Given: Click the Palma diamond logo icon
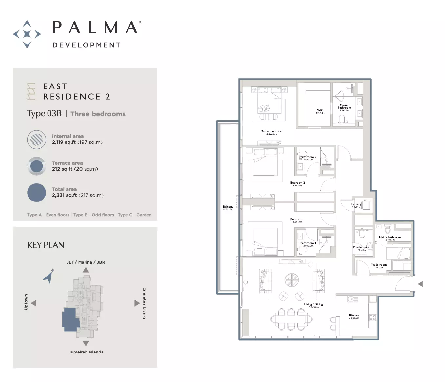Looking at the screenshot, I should [x=27, y=34].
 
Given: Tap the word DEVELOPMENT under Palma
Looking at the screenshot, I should [x=87, y=45].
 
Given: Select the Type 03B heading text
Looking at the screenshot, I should [x=44, y=114].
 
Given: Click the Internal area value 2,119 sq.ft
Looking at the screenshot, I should [x=64, y=142].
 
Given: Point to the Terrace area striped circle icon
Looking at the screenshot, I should [x=36, y=166].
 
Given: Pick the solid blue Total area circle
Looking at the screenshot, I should [x=36, y=193].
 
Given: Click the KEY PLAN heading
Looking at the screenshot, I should [x=46, y=245].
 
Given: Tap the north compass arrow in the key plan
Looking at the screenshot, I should [x=48, y=277].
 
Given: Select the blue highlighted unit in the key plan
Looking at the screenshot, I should [x=70, y=318].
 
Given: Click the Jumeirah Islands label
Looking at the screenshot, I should [x=86, y=352].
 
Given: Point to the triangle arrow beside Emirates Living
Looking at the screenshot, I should [x=137, y=303].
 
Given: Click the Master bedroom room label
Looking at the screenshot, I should [x=271, y=131].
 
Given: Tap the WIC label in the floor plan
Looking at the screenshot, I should [x=320, y=110].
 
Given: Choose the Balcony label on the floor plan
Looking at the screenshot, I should [x=228, y=207].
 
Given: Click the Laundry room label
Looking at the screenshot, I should [x=356, y=204].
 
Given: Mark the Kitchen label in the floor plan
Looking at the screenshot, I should [x=354, y=315].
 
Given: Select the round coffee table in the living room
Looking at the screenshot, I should [x=291, y=280].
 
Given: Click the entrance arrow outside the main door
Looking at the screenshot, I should [x=420, y=284].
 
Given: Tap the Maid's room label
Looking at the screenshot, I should [x=378, y=265].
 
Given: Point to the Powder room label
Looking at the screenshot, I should [x=362, y=247].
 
